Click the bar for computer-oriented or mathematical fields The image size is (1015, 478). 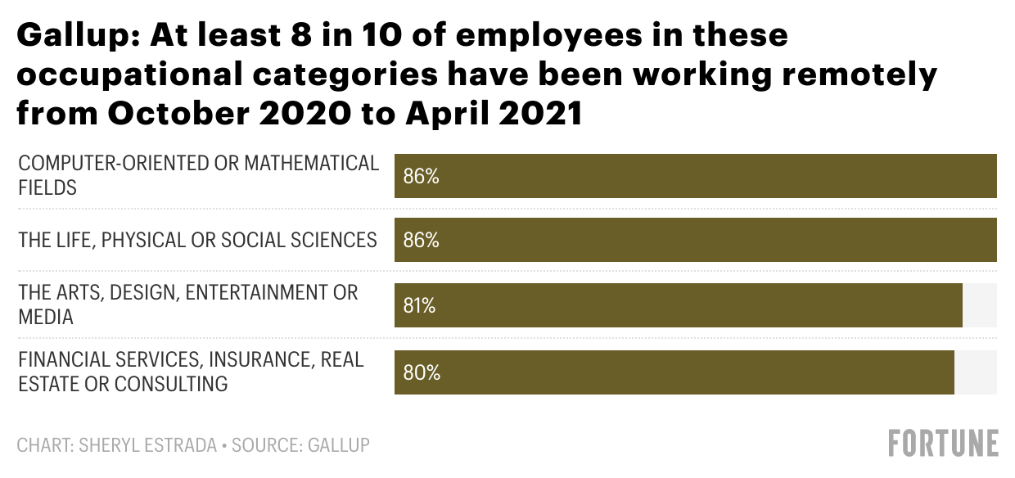696,176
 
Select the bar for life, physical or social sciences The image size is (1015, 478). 696,241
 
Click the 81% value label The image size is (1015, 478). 419,306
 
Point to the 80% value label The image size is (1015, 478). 422,372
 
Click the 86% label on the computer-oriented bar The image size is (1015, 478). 422,176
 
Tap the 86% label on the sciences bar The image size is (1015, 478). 422,241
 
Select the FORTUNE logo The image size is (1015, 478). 943,443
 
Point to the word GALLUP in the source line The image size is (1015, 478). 338,446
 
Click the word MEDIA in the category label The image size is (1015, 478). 46,317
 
